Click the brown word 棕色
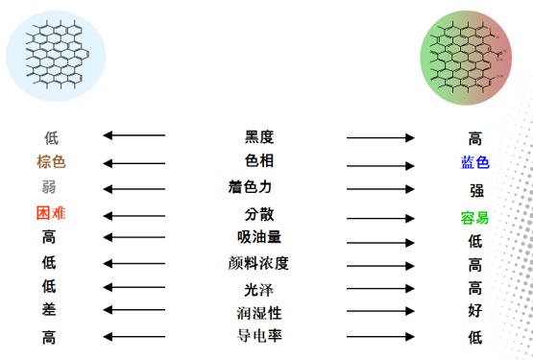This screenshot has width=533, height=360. coord(51,161)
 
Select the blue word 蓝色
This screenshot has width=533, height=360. coord(474,163)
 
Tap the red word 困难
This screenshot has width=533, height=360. coord(51,212)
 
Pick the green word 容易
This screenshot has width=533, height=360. coord(474,217)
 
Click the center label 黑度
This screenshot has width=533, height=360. coord(259,136)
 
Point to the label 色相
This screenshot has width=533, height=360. coord(259,160)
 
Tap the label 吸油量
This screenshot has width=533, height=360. coord(259,237)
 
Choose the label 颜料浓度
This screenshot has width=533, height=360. coord(259,262)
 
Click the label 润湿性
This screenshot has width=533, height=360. coord(259,313)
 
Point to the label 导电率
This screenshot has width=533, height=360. coord(259,336)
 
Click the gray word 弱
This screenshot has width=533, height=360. coord(49,186)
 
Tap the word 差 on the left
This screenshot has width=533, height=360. coord(49,310)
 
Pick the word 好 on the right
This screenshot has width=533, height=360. coord(475,311)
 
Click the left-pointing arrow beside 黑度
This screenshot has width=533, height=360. coord(134,136)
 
